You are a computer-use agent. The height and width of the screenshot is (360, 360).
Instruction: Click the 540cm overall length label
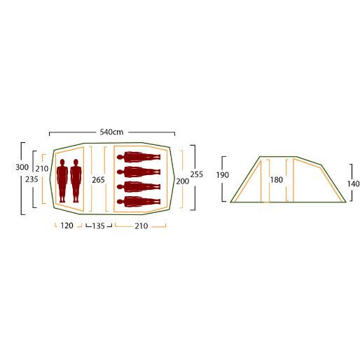coord(111,132)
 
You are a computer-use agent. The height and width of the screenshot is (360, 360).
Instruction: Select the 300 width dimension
coord(22,167)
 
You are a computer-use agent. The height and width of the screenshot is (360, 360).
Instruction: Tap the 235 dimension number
coord(32,179)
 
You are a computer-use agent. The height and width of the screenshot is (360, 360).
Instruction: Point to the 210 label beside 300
coord(42,169)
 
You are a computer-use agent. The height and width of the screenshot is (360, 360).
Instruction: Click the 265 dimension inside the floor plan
coord(98,180)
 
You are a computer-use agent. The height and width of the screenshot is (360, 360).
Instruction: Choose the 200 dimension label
coord(183,181)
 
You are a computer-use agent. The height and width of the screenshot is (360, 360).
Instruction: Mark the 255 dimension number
coord(197,174)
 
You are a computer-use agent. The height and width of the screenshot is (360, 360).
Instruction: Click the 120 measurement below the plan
coord(67,226)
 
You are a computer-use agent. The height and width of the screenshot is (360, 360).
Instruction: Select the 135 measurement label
coord(98,226)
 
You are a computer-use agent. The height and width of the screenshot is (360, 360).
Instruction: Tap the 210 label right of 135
coord(141,226)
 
